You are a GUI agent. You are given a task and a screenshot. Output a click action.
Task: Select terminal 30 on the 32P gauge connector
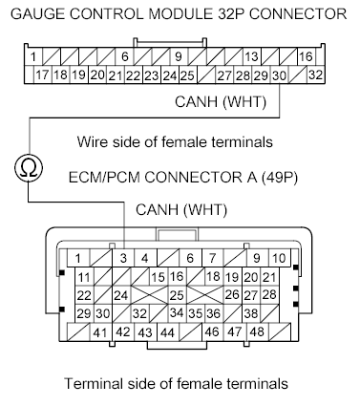pos(278,75)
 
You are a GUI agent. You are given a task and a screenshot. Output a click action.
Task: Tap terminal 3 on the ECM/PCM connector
pos(123,258)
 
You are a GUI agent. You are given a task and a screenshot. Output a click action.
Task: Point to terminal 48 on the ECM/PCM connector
pos(256,332)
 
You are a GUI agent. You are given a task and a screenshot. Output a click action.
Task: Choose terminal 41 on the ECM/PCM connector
pos(99,332)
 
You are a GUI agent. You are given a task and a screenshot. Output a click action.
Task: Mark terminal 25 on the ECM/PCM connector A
pos(177,295)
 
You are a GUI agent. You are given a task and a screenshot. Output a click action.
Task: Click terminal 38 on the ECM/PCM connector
pos(252,313)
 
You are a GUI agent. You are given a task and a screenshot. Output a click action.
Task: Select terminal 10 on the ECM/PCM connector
pos(279,258)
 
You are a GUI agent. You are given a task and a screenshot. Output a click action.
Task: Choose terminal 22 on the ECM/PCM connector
pos(85,295)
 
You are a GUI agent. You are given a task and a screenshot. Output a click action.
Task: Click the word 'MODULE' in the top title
pos(181,13)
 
